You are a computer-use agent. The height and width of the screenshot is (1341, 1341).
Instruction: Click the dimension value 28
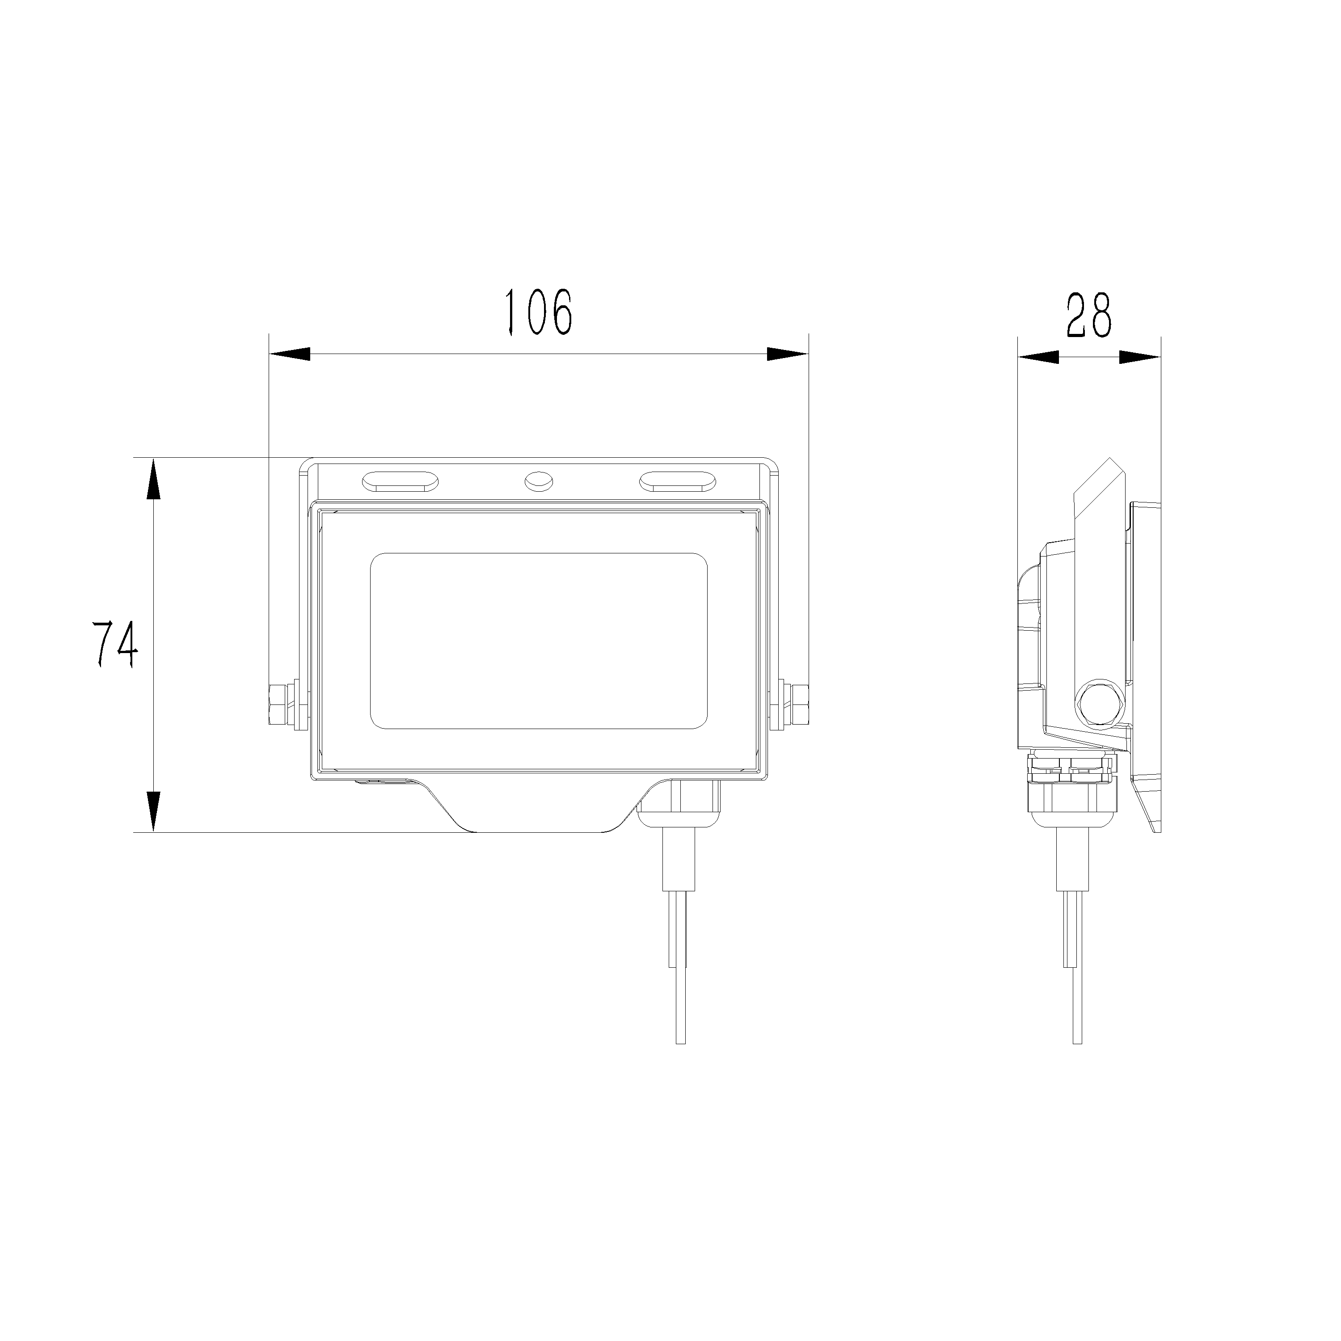tap(1088, 316)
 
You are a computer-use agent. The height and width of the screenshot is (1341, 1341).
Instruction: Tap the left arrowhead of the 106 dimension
tap(290, 354)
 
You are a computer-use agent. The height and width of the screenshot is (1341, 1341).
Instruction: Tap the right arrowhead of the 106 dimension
tap(788, 354)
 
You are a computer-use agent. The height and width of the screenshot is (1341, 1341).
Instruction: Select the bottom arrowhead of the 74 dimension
tap(153, 811)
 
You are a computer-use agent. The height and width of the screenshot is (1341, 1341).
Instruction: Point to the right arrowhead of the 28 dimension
tap(1140, 358)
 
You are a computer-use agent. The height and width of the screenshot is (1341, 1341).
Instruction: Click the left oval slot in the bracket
tap(399, 481)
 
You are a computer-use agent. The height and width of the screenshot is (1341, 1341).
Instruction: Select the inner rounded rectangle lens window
tap(539, 641)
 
